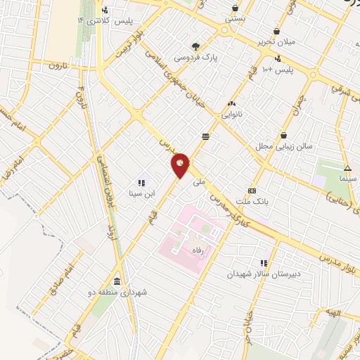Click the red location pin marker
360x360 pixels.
click(181, 165)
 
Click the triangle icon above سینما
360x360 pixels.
click(347, 168)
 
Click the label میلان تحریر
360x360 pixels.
click(278, 42)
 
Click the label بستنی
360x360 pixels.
click(235, 20)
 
